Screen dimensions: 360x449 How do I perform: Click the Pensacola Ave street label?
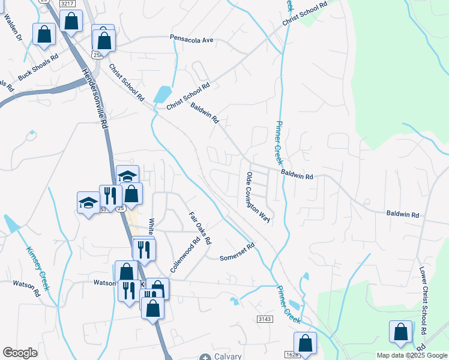(192, 40)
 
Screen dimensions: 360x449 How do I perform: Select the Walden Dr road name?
(13, 28)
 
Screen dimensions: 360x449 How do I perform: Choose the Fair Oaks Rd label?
(200, 228)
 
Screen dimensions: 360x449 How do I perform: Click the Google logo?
(20, 353)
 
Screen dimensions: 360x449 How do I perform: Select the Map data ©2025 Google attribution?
(411, 355)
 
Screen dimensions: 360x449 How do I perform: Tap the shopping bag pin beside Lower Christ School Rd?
(400, 333)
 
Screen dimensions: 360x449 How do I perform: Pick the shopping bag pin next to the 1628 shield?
(306, 344)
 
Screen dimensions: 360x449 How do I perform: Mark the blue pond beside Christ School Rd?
(161, 95)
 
